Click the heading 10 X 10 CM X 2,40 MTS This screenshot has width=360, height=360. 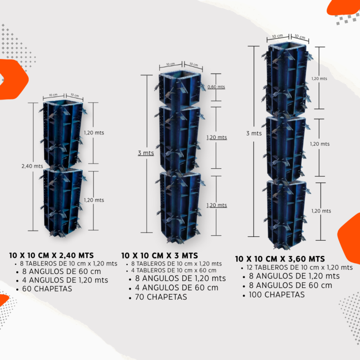coord(51,255)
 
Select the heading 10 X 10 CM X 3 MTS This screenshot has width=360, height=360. coord(160,256)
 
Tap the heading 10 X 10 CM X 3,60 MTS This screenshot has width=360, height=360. coord(280,259)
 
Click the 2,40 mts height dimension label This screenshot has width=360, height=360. coord(32,166)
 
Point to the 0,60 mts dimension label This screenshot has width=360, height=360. coord(216,87)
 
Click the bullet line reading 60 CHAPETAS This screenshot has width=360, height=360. coord(47,288)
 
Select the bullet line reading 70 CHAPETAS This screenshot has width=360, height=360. coord(161,297)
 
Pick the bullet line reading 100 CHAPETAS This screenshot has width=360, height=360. coord(277,295)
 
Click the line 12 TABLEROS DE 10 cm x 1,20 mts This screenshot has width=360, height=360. coord(300,267)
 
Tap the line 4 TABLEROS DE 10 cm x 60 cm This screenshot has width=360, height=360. coord(174,270)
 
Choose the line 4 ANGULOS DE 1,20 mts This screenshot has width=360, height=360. coord(65,280)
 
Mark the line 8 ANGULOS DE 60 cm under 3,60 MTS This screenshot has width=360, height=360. coord(290,285)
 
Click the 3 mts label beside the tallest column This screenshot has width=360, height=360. coord(254,133)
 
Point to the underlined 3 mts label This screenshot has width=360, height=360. coord(146,153)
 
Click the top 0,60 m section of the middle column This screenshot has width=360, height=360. coord(180,90)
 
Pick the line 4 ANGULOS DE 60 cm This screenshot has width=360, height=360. coord(176,288)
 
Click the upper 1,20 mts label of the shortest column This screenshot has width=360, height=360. coord(94,133)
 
